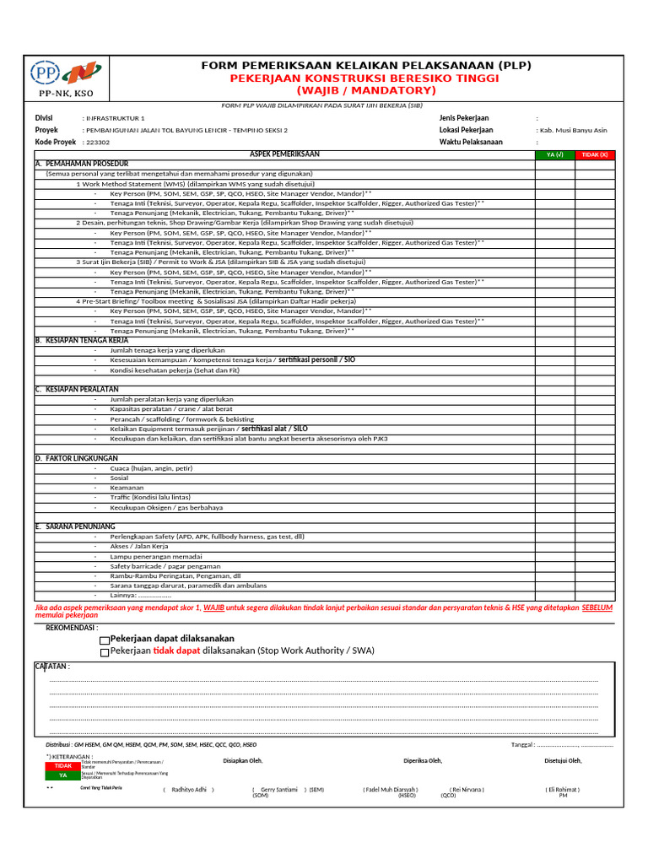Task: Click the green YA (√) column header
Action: pyautogui.click(x=554, y=154)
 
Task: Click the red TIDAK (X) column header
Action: pyautogui.click(x=595, y=154)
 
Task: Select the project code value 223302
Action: pyautogui.click(x=98, y=143)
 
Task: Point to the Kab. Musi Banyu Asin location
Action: pyautogui.click(x=571, y=131)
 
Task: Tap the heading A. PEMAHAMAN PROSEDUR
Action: pyautogui.click(x=82, y=163)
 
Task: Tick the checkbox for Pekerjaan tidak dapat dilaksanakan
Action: pyautogui.click(x=105, y=652)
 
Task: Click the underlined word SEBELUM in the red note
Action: pyautogui.click(x=597, y=607)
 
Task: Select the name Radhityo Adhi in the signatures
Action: pyautogui.click(x=189, y=790)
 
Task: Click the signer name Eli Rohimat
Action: pyautogui.click(x=563, y=790)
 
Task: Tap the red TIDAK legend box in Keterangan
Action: pyautogui.click(x=63, y=765)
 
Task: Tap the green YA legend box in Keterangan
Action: pyautogui.click(x=63, y=775)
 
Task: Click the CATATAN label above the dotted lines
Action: pyautogui.click(x=52, y=667)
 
